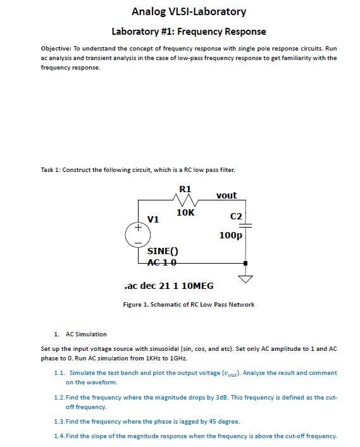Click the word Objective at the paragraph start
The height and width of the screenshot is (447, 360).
click(56, 48)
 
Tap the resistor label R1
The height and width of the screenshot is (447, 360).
click(185, 189)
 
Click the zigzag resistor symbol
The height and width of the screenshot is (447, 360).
click(186, 200)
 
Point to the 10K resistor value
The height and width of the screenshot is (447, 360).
click(185, 213)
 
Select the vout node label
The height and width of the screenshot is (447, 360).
click(226, 195)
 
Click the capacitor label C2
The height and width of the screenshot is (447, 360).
click(236, 216)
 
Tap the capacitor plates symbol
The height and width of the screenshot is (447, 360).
click(245, 225)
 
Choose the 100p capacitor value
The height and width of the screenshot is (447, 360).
click(230, 235)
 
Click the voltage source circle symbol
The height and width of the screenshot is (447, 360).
click(138, 234)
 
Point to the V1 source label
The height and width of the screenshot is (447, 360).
click(152, 219)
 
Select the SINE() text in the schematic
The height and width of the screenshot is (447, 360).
click(163, 251)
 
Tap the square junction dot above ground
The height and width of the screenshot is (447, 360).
click(245, 262)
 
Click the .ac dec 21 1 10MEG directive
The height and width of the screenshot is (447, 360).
click(169, 286)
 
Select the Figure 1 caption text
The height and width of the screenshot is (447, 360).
click(189, 304)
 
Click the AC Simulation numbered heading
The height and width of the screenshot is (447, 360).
click(86, 334)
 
